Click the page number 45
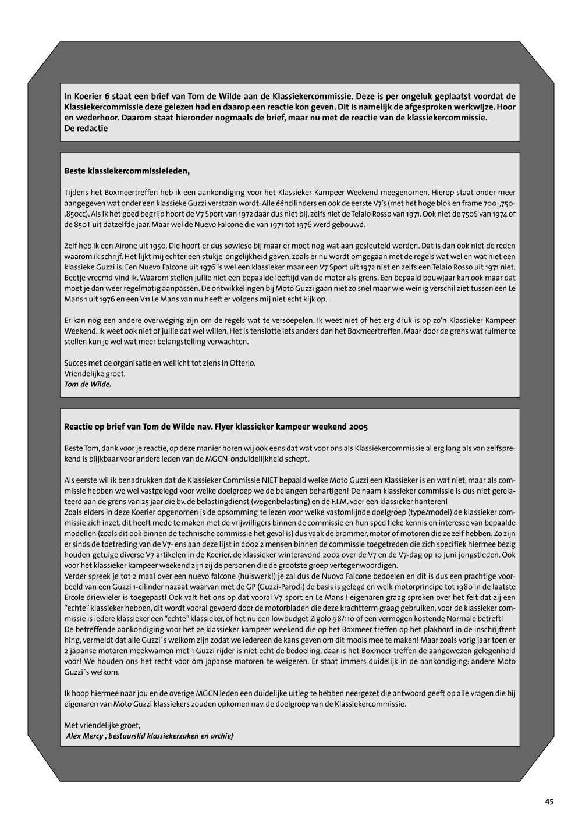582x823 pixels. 549,801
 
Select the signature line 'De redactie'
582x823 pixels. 86,129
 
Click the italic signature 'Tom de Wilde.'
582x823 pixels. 87,384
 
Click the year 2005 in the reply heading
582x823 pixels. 358,427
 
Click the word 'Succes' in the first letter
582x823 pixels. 77,363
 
